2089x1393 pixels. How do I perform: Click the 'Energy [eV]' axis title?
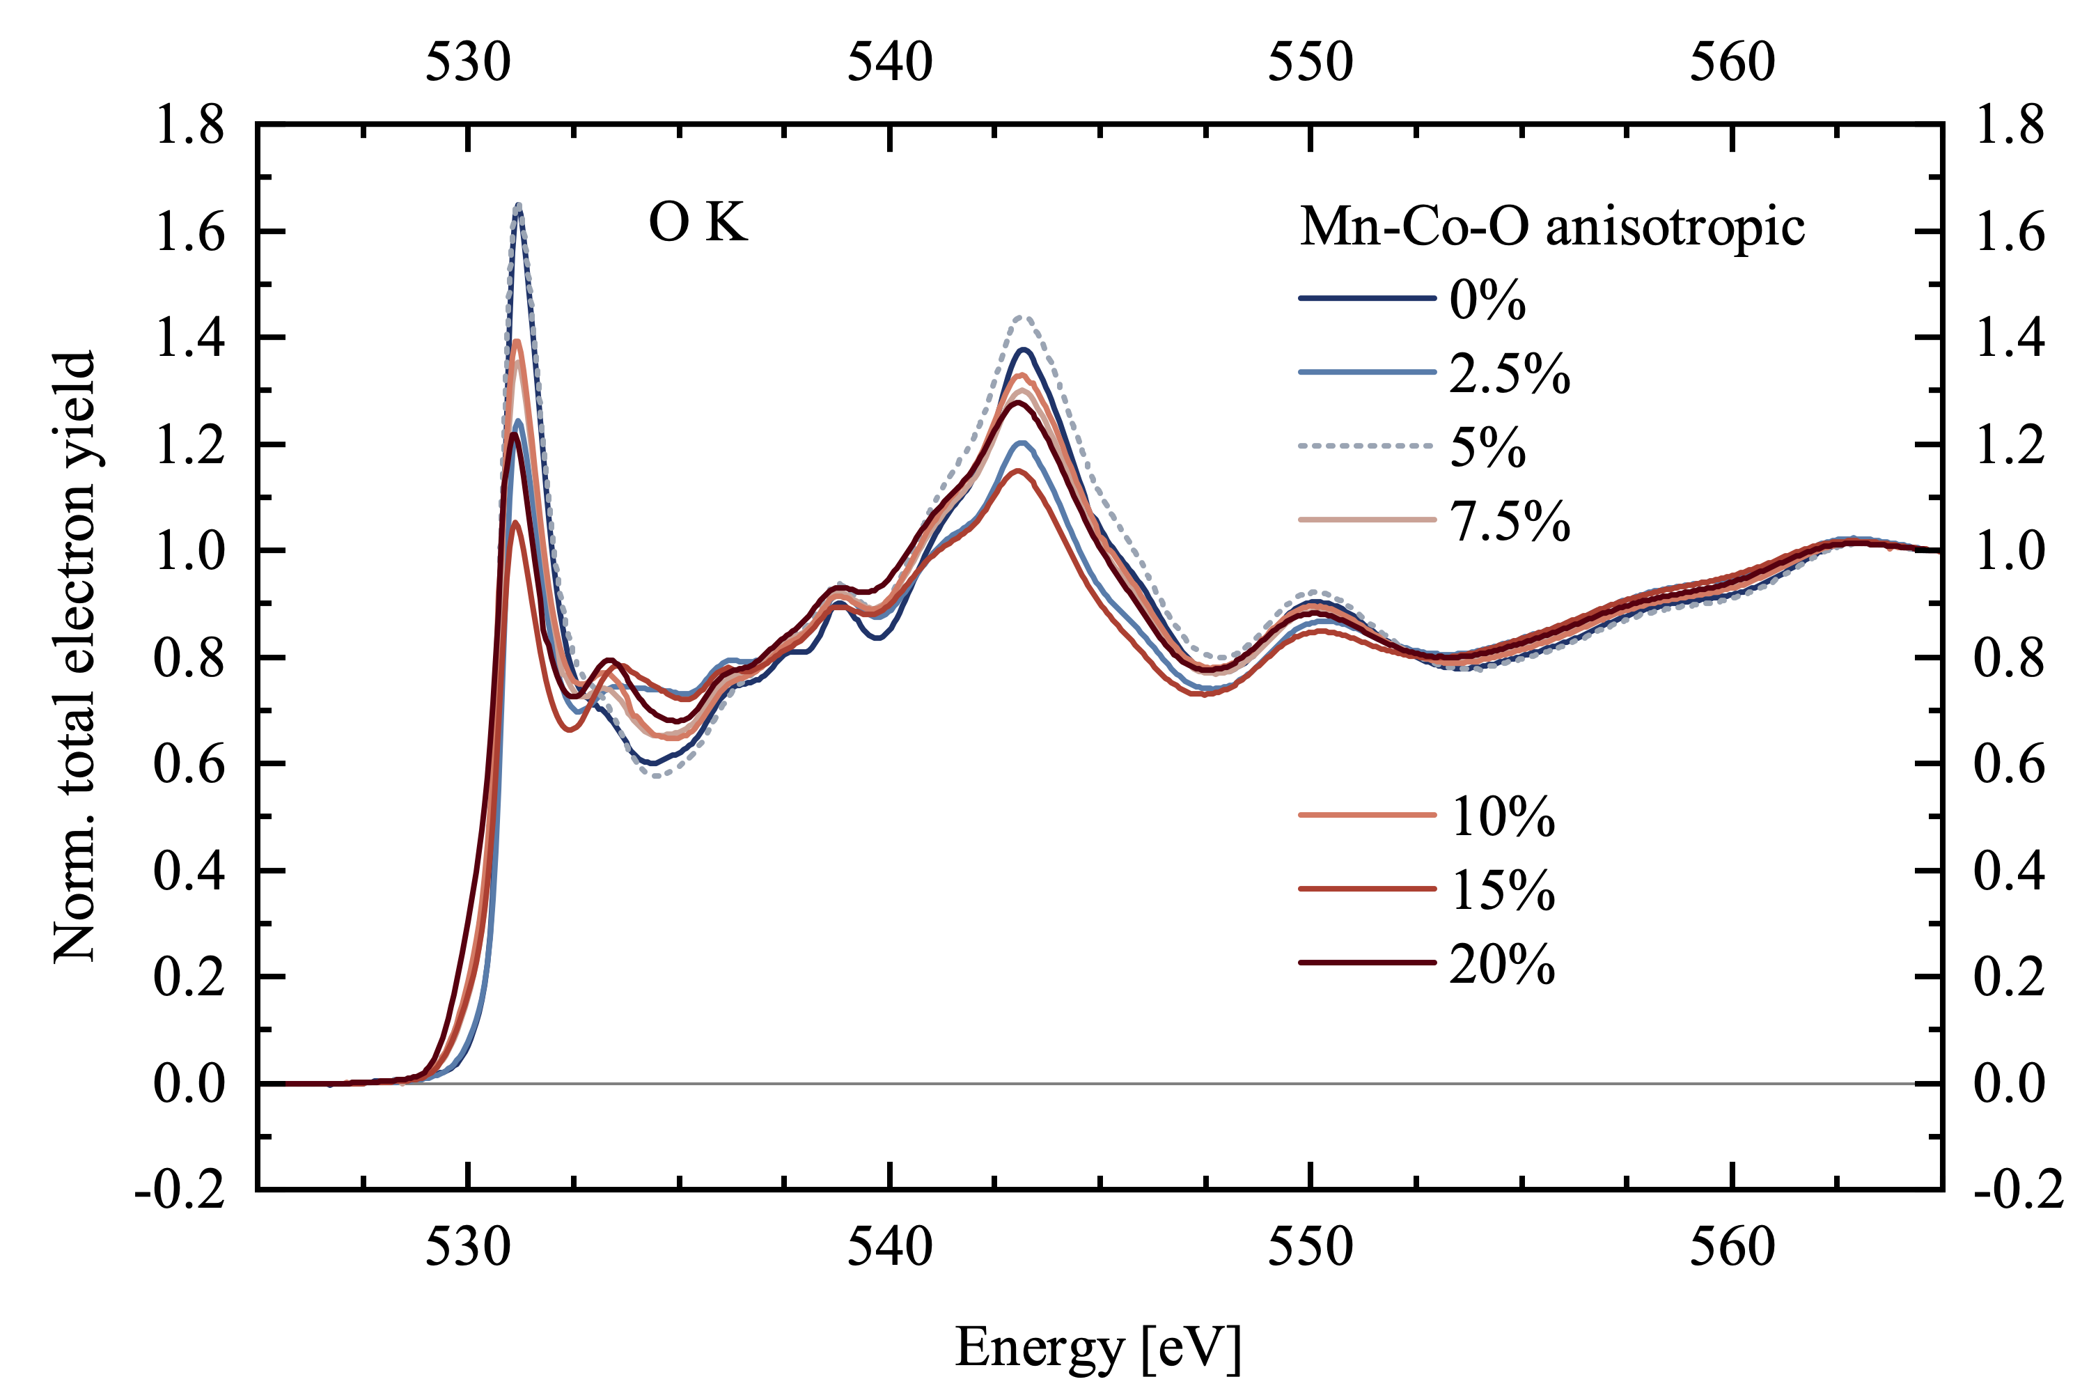click(1098, 1348)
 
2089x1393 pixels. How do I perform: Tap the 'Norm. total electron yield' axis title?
click(74, 657)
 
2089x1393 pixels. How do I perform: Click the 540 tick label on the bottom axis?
click(889, 1247)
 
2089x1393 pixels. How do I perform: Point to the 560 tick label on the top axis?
click(1732, 62)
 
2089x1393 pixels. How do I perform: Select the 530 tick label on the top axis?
click(468, 62)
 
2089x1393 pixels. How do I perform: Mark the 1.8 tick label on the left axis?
click(189, 125)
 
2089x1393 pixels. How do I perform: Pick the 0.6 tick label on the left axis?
click(189, 764)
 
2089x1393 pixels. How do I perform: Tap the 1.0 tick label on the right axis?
click(2009, 551)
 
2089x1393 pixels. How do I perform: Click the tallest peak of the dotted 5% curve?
click(519, 206)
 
